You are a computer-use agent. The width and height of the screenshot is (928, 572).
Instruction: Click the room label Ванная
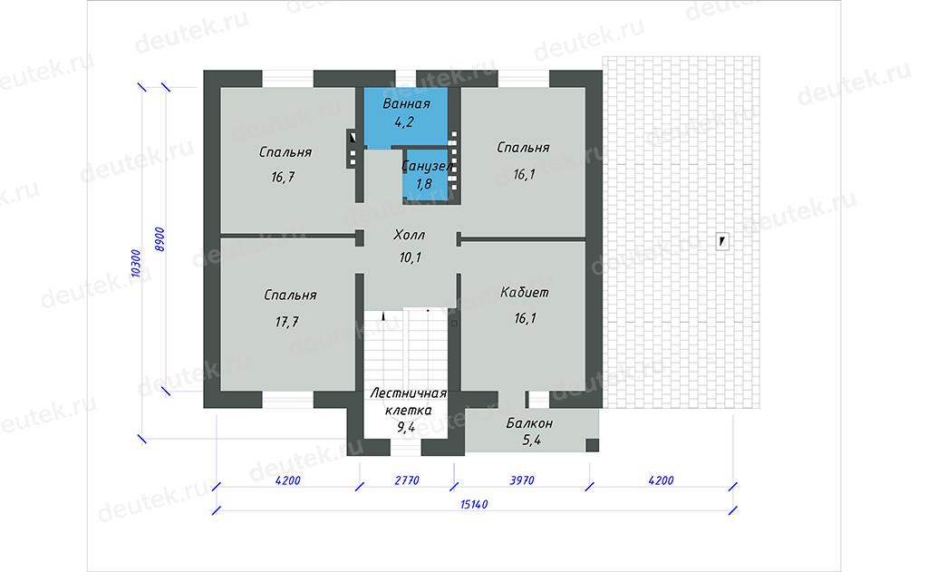pos(406,104)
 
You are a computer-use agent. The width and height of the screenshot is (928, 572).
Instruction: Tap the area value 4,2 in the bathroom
pos(404,122)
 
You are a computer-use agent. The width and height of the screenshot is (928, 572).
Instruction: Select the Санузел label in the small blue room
pos(427,167)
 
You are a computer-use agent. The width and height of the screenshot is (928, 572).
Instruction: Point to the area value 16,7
pos(283,177)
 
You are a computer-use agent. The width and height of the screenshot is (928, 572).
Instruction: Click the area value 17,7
pos(287,322)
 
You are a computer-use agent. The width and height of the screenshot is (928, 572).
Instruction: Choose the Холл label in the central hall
pos(409,235)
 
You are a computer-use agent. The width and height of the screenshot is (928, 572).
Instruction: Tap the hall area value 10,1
pos(411,257)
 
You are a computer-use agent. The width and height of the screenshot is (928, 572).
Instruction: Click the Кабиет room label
pos(525,293)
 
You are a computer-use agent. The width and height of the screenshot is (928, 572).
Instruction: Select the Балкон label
pos(529,423)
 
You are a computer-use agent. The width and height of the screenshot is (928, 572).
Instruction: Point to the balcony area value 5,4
pos(531,441)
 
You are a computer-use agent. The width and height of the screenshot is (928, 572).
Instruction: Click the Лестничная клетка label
pos(409,402)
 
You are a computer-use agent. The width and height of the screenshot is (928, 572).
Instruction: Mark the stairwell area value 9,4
pos(406,427)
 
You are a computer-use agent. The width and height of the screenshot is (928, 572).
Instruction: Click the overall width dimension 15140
pos(474,505)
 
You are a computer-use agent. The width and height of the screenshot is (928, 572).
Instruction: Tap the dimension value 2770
pos(407,480)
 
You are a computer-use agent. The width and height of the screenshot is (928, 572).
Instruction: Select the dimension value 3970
pos(522,480)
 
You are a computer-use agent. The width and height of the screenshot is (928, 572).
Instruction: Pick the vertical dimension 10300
pos(136,263)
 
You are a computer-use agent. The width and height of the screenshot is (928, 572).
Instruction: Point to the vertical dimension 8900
pos(159,239)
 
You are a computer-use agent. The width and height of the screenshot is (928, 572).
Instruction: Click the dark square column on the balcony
pos(593,445)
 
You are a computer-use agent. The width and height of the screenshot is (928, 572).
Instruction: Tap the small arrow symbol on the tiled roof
pos(722,241)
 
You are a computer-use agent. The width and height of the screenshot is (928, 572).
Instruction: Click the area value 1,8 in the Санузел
pos(424,184)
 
